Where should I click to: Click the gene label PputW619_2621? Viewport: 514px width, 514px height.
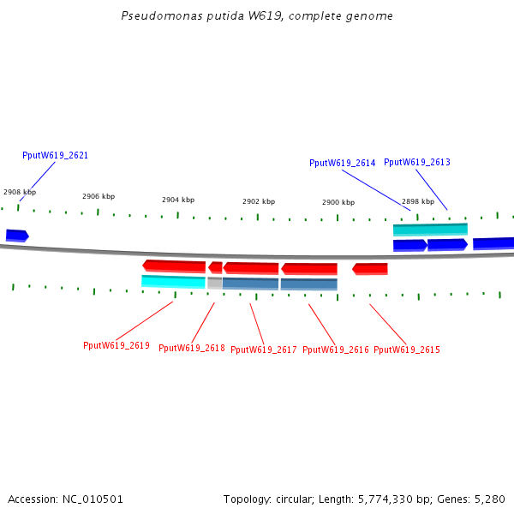click(55, 156)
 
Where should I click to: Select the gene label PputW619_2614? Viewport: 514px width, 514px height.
click(342, 163)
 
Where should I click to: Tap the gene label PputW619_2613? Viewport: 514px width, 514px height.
click(416, 163)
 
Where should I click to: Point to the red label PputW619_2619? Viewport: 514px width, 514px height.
click(117, 346)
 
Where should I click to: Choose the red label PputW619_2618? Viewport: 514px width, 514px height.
click(192, 349)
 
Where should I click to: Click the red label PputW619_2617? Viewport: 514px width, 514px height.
click(264, 350)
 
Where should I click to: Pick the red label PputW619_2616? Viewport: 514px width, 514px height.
click(336, 350)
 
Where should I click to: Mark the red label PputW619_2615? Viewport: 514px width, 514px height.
click(407, 350)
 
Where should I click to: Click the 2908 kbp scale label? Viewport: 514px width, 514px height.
click(20, 193)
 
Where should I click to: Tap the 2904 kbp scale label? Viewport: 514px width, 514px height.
click(178, 200)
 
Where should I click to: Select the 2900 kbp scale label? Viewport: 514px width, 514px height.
click(338, 202)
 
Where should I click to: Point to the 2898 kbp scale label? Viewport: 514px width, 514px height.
click(418, 201)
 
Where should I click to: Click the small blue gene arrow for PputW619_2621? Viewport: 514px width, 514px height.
click(17, 235)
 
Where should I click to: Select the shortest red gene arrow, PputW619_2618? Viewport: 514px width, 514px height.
click(215, 267)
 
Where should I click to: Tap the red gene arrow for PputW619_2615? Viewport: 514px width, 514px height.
click(370, 269)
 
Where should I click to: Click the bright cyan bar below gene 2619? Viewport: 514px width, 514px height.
click(173, 281)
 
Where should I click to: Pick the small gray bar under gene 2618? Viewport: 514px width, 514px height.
click(214, 282)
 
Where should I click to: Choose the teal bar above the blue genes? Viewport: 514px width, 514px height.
click(430, 229)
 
